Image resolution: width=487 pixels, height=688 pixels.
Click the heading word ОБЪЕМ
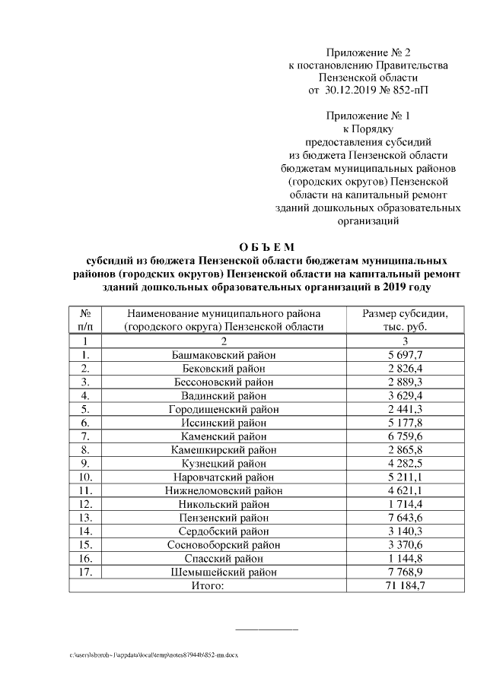coord(266,246)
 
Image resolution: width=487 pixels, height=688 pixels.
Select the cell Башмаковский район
coord(224,355)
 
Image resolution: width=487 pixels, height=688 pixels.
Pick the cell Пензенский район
coord(224,518)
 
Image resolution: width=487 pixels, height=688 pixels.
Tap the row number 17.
coord(85,572)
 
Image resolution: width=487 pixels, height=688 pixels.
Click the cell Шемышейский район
coord(224,572)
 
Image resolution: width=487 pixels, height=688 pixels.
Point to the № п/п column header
coord(85,320)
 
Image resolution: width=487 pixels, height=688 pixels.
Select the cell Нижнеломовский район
coord(224,490)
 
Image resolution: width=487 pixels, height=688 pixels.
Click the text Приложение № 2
coord(368,52)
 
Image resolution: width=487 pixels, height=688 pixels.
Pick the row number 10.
coord(85,477)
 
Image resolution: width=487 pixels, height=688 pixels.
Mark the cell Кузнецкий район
coord(224,463)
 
